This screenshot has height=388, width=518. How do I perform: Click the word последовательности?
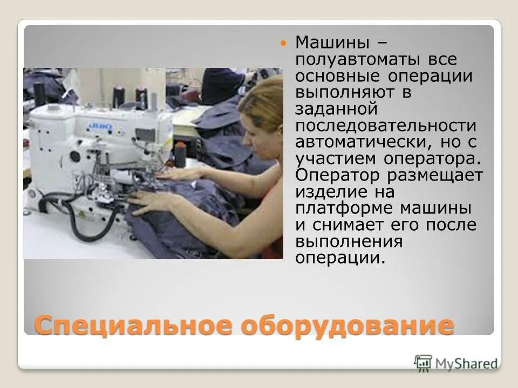[386, 126]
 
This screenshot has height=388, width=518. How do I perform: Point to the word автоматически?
[353, 142]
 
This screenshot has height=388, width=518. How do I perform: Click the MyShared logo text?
[466, 364]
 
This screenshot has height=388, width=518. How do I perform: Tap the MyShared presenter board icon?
[424, 363]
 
